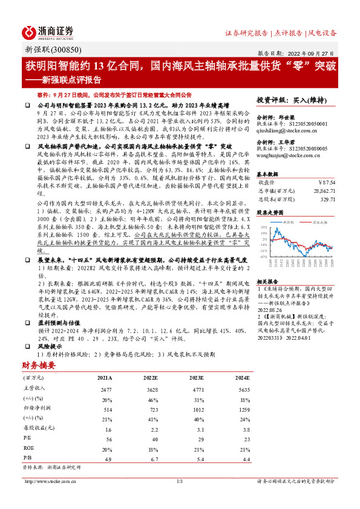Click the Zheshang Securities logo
[48, 33]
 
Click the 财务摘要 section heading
[39, 366]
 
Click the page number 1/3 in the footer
[179, 481]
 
